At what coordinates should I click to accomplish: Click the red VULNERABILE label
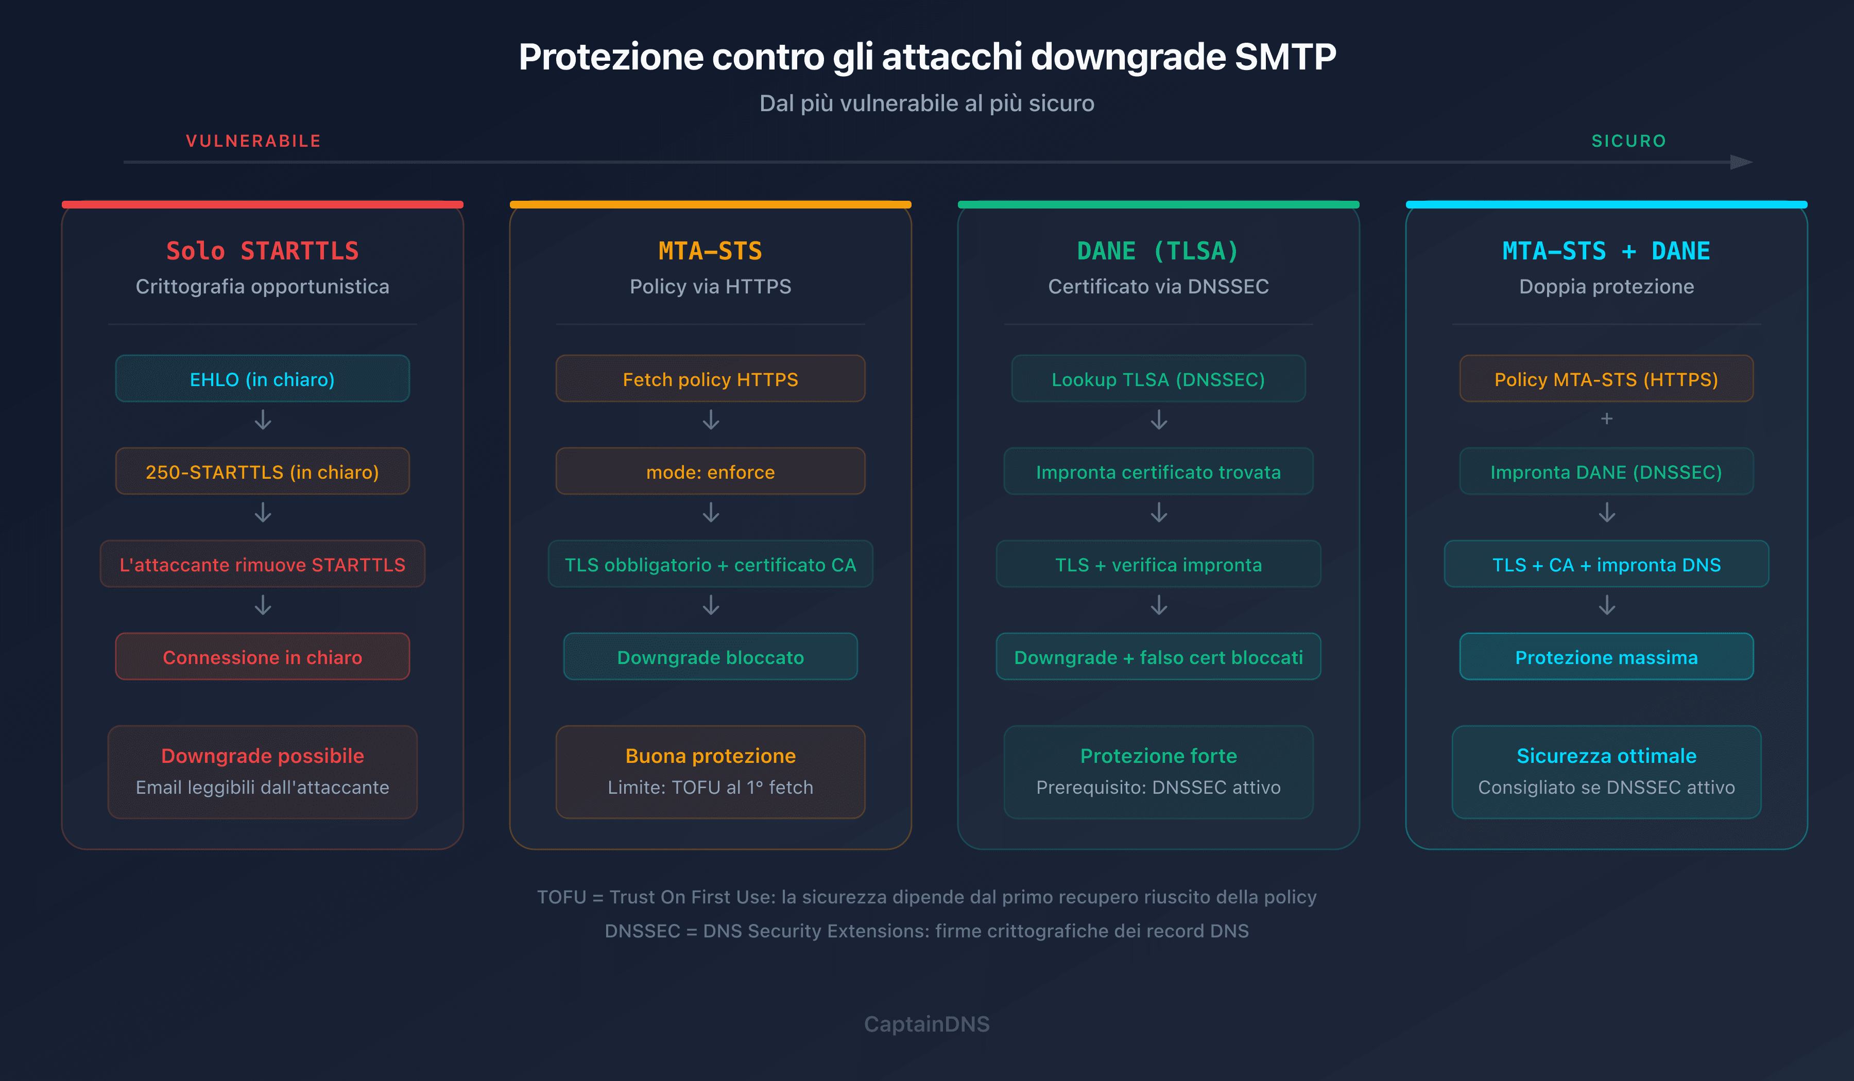tap(253, 141)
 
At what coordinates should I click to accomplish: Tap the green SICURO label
tap(1628, 141)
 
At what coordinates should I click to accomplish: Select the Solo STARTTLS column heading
tap(262, 251)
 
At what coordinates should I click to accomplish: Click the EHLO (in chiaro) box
tap(262, 379)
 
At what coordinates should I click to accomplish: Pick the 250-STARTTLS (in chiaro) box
tap(262, 472)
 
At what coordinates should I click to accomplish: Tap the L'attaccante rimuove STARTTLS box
tap(262, 564)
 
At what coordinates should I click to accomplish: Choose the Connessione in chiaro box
tap(262, 657)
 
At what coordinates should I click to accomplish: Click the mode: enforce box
tap(710, 472)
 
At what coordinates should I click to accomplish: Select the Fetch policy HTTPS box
tap(710, 379)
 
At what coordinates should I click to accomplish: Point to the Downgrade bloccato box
tap(710, 657)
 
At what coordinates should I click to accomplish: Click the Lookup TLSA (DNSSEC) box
tap(1158, 379)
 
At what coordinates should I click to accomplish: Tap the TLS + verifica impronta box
tap(1158, 564)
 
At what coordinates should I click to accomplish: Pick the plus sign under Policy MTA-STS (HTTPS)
tap(1606, 419)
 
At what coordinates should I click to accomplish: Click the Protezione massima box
tap(1606, 657)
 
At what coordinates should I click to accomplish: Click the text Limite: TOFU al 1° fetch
tap(710, 787)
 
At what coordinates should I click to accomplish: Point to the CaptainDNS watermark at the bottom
tap(926, 1024)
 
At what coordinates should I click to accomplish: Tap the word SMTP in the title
tap(1284, 57)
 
